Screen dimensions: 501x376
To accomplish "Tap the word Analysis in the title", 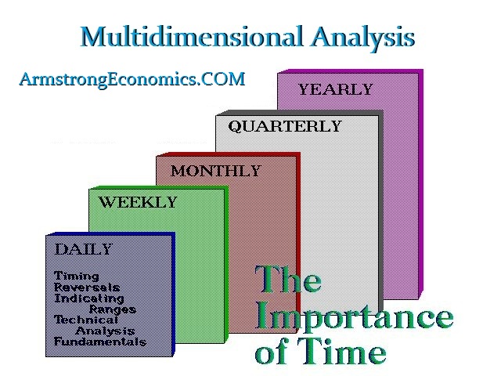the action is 362,38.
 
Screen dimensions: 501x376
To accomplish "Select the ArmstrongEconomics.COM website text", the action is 132,79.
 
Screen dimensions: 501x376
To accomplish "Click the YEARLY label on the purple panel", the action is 336,89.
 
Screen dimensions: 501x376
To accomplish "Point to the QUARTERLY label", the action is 285,126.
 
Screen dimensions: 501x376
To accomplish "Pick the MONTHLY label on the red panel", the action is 216,171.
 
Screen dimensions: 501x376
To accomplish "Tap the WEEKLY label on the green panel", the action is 138,202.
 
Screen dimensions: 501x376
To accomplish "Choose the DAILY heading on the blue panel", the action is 84,249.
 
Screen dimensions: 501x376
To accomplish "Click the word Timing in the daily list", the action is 77,277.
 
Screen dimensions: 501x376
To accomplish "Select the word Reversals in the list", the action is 87,287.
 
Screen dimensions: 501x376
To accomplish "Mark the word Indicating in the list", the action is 88,298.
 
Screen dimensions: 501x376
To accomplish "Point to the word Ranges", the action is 113,309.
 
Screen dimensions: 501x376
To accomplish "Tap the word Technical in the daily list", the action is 86,320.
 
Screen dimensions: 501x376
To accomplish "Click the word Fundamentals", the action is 100,342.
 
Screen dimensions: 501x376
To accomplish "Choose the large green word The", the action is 288,279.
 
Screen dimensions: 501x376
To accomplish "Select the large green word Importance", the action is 355,317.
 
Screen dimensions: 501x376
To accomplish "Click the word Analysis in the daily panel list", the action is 105,331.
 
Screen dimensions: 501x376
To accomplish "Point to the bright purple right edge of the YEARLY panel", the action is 421,184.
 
